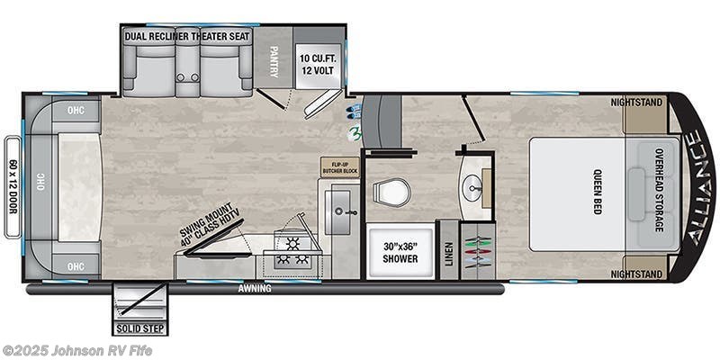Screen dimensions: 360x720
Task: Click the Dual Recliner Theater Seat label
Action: (188, 36)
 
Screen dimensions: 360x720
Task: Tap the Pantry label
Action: (274, 57)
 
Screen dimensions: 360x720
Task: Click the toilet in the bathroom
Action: (392, 191)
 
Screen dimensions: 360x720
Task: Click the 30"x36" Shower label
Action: (400, 252)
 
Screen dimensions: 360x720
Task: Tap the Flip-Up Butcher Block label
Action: (340, 167)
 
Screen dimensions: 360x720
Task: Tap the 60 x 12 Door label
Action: (12, 186)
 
